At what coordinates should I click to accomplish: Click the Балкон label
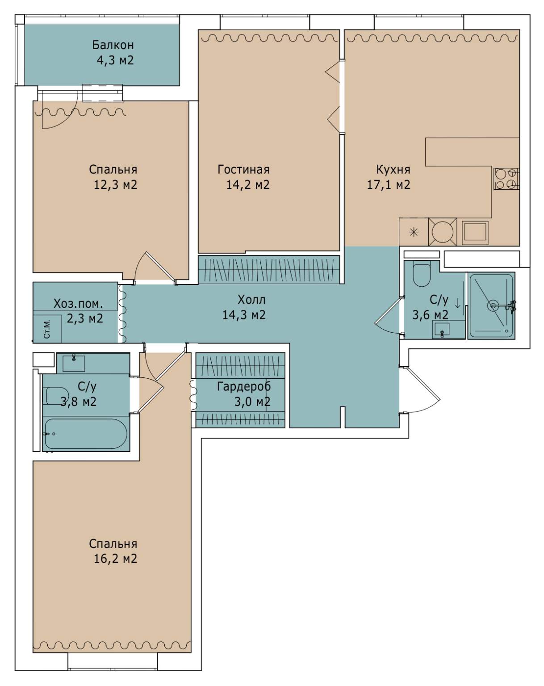[x=113, y=45]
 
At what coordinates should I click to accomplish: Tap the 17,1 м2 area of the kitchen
[x=389, y=185]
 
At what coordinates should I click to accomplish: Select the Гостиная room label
[x=243, y=169]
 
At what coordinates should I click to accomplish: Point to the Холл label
[x=251, y=300]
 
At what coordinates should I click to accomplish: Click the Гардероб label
[x=244, y=386]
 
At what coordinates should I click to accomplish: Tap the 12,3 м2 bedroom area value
[x=115, y=185]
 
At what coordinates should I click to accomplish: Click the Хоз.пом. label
[x=79, y=303]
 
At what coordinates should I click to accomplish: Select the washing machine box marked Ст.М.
[x=47, y=329]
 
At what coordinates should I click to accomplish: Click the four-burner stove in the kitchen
[x=506, y=179]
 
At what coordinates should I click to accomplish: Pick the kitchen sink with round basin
[x=442, y=232]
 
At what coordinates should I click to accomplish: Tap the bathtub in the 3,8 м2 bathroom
[x=86, y=434]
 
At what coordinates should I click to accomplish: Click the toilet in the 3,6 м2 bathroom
[x=422, y=273]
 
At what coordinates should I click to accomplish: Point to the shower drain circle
[x=493, y=305]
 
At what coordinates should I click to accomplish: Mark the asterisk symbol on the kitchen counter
[x=414, y=232]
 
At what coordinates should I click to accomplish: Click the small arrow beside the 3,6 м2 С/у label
[x=457, y=303]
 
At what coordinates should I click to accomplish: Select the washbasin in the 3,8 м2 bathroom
[x=74, y=363]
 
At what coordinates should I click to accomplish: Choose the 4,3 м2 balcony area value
[x=115, y=60]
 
